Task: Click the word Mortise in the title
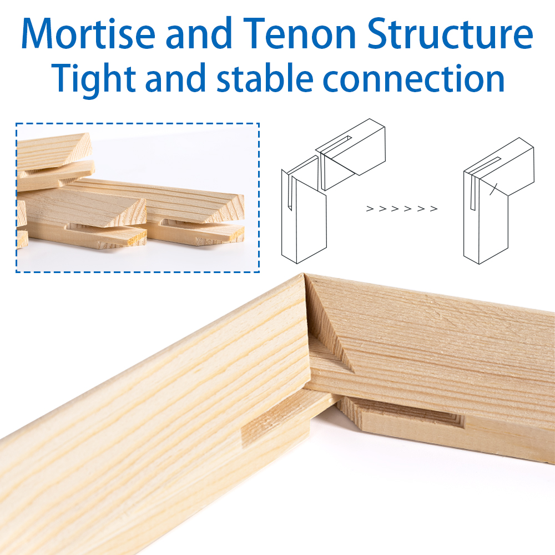click(x=88, y=34)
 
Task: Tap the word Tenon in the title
click(x=299, y=34)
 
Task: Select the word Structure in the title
click(x=450, y=34)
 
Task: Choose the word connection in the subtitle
click(x=413, y=79)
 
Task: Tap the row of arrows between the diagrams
click(x=402, y=209)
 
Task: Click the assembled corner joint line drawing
click(x=498, y=201)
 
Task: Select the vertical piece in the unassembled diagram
click(x=304, y=210)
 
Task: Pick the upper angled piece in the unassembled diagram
click(x=350, y=154)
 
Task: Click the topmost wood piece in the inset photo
click(x=54, y=150)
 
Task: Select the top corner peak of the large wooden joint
click(x=303, y=273)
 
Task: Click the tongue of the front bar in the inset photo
click(x=106, y=235)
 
